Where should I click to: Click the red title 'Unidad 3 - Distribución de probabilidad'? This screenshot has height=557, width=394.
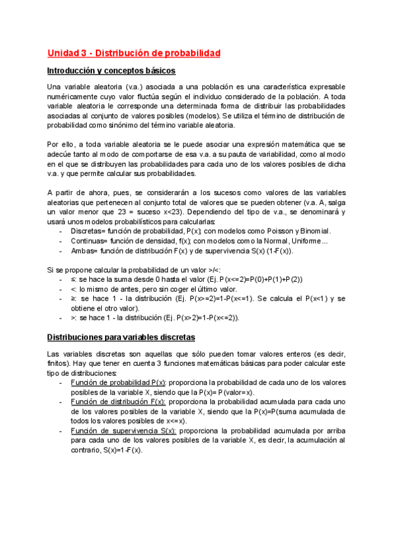(x=133, y=53)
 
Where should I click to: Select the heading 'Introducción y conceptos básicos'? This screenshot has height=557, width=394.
(x=111, y=70)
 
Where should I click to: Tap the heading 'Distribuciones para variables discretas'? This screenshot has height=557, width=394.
(x=121, y=337)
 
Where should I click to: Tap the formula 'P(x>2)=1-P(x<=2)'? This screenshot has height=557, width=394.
(x=202, y=318)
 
